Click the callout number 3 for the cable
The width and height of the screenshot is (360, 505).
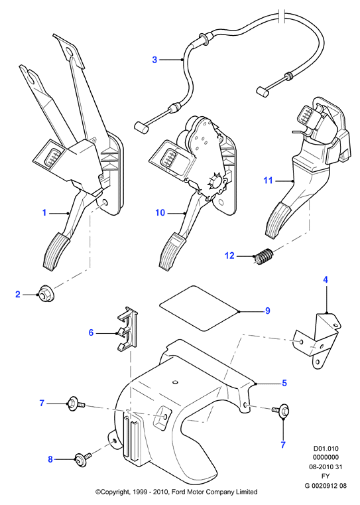tap(154, 60)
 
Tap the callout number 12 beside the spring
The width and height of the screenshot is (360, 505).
tap(229, 255)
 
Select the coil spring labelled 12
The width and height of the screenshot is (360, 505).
tap(263, 255)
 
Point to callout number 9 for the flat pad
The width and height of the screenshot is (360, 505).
tap(268, 311)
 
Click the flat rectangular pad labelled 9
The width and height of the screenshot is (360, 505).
tap(200, 308)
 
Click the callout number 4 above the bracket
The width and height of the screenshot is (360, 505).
tap(326, 279)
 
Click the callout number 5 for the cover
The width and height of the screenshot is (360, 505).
tap(284, 383)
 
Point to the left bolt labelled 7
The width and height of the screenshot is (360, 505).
tap(76, 404)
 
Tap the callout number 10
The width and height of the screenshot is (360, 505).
tap(160, 212)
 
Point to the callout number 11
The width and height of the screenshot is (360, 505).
tap(269, 180)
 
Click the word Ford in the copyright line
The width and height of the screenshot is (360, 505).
tap(178, 492)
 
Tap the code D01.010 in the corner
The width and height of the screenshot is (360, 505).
tap(326, 449)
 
